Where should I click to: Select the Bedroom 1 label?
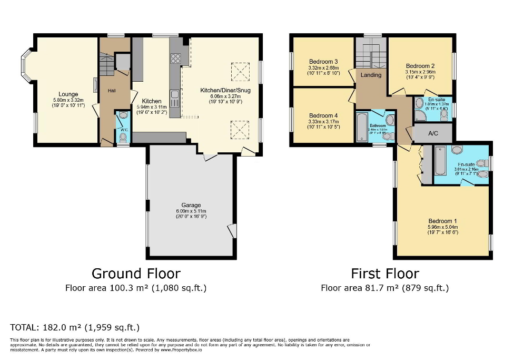click(x=441, y=221)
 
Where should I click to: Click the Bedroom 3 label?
click(x=323, y=62)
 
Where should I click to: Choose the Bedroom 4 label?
click(x=323, y=115)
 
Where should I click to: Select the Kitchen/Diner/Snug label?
click(x=225, y=91)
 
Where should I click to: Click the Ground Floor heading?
click(x=136, y=274)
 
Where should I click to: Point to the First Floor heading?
click(x=385, y=274)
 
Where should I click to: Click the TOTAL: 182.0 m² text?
click(x=75, y=327)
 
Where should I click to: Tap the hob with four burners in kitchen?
click(x=175, y=59)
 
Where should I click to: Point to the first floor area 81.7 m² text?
click(x=385, y=288)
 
